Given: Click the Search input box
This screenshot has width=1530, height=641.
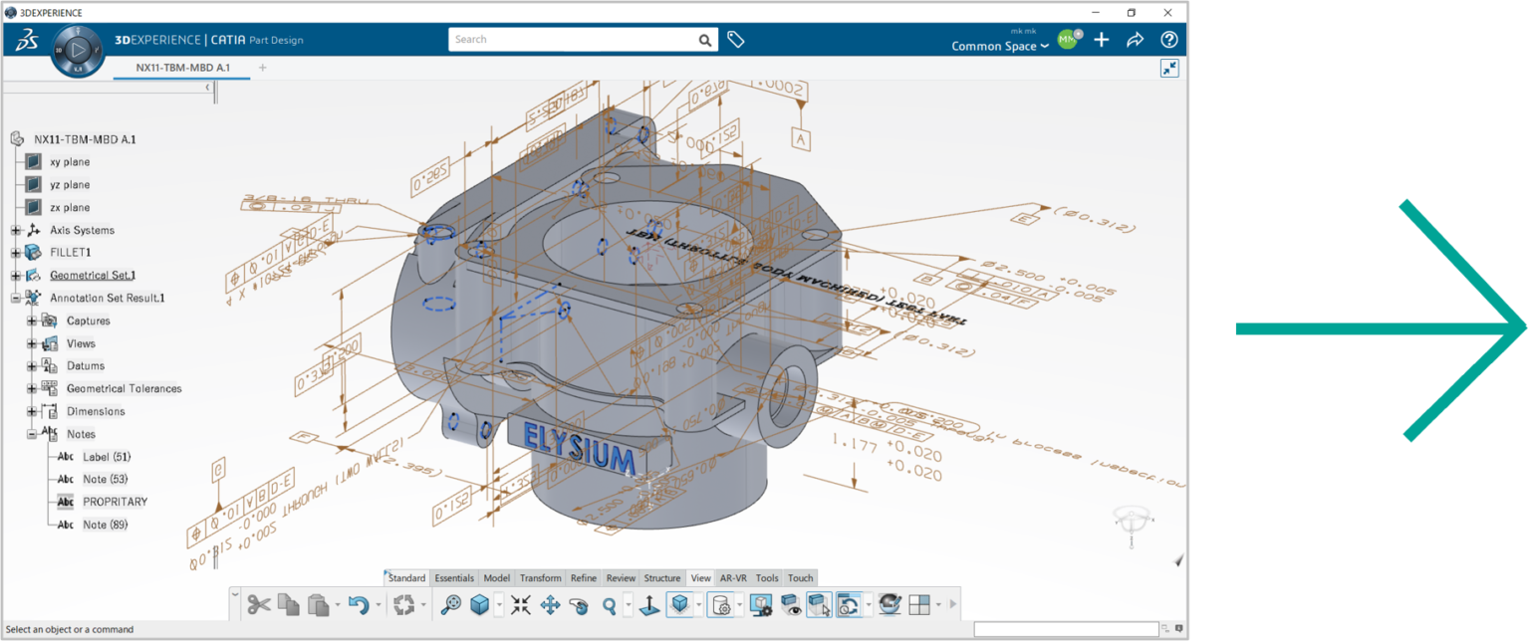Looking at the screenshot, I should tap(573, 40).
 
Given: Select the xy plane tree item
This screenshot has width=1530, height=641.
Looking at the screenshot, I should tap(70, 161).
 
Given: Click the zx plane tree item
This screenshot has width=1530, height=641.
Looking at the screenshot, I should tap(70, 207).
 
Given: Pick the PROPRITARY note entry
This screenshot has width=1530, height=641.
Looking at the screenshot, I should tap(115, 502).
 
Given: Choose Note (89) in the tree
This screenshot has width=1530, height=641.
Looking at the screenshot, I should tap(105, 525).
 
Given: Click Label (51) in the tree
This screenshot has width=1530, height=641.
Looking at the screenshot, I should tap(107, 457).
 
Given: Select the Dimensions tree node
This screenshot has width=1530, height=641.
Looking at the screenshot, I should tap(96, 411).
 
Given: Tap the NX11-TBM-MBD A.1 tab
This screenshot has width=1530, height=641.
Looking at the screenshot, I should tap(183, 68).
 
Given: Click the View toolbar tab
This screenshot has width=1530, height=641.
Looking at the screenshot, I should tap(700, 578).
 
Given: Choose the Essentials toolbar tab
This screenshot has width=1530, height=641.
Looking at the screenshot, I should tap(454, 578).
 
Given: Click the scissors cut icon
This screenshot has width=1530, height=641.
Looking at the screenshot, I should tap(259, 604).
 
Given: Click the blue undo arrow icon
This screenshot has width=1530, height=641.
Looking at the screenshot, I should tap(359, 604).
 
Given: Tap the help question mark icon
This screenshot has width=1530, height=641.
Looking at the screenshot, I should tap(1169, 40).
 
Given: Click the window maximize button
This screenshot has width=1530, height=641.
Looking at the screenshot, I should tap(1132, 13).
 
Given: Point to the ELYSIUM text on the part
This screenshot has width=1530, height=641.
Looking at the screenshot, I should tap(579, 449).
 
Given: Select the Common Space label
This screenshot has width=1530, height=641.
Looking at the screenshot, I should tap(994, 46).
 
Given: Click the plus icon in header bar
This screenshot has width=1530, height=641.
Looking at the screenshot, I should tap(1102, 40).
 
